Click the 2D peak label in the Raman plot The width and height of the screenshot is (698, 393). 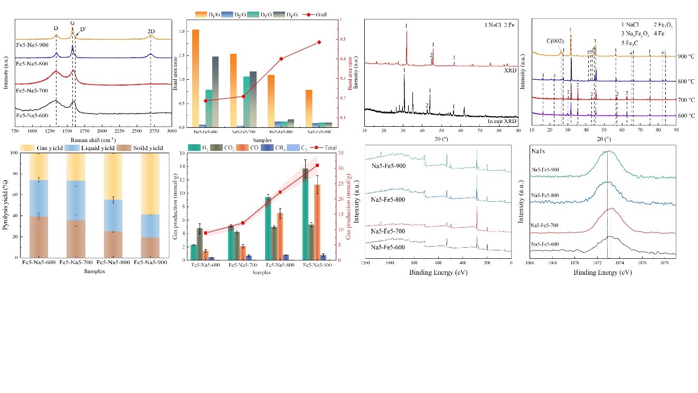pos(151,31)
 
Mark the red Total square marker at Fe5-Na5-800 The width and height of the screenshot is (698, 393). pos(280,192)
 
